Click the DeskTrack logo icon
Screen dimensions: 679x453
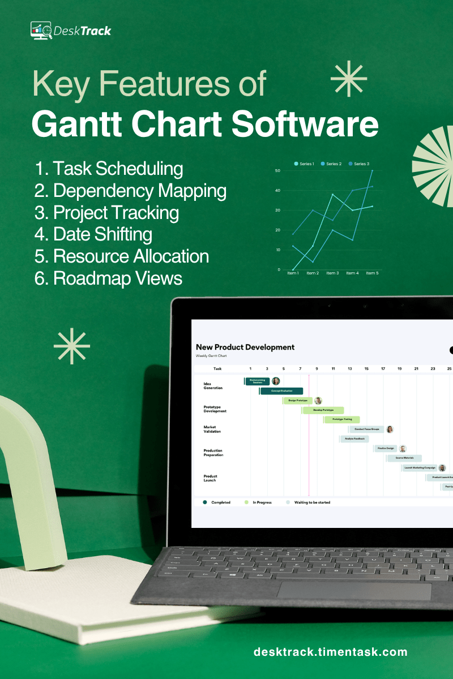click(41, 30)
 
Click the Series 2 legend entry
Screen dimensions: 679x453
click(331, 164)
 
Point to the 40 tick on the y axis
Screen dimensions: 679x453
click(277, 190)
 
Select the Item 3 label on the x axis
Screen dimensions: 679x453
click(332, 273)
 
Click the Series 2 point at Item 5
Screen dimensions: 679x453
click(372, 170)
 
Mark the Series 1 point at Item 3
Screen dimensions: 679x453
click(333, 195)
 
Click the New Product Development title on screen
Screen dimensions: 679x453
click(245, 347)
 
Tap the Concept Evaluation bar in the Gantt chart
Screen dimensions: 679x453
click(281, 391)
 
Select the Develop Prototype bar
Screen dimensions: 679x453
click(323, 410)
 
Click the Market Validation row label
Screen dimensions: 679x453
click(212, 429)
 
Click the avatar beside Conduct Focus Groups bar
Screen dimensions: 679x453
click(390, 429)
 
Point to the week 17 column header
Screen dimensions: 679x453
click(383, 368)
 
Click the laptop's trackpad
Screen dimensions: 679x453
click(354, 590)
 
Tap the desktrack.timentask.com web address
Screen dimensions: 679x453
click(330, 652)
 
